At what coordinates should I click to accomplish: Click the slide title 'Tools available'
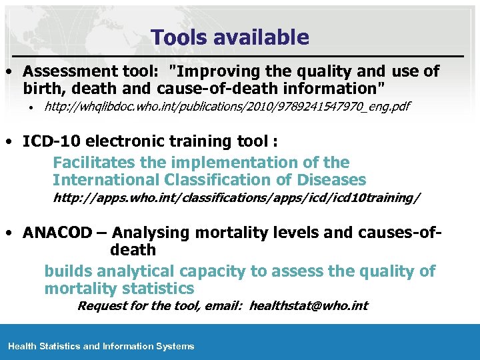click(x=230, y=37)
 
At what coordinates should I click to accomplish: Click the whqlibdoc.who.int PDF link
click(x=227, y=107)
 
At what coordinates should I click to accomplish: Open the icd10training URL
click(x=237, y=199)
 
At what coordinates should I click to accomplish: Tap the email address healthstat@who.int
click(x=309, y=306)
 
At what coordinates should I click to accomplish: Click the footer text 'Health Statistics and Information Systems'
click(x=101, y=346)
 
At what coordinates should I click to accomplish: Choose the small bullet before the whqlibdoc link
click(x=30, y=107)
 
